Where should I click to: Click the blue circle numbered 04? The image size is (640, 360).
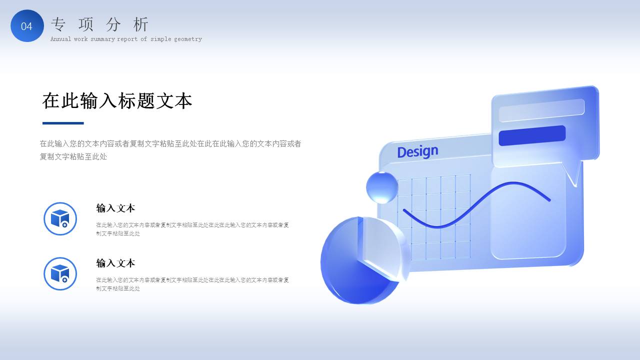27,26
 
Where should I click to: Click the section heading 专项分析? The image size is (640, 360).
100,24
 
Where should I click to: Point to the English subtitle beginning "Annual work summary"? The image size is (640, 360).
126,39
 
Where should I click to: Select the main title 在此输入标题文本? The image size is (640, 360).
117,101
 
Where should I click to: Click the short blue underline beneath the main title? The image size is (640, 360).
63,123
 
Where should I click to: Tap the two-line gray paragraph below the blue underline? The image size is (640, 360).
170,150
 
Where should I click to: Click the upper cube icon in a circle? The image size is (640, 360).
60,218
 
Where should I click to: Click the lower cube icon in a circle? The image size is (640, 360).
60,273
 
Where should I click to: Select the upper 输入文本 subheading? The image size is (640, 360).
115,208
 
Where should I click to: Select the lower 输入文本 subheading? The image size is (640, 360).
115,263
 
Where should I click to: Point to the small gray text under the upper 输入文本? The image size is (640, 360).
192,229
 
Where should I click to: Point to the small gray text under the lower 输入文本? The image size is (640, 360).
192,284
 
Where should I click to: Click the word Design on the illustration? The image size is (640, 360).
417,151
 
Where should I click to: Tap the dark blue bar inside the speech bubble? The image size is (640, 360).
532,135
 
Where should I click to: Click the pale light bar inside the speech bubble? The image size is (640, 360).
541,110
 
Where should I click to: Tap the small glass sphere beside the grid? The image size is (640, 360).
382,187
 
